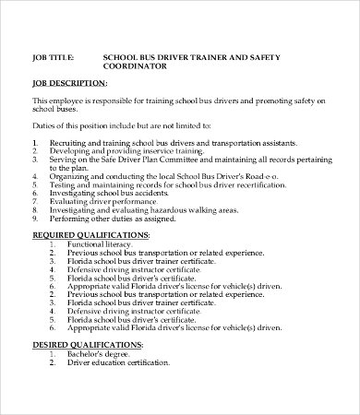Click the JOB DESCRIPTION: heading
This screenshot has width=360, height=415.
67,83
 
